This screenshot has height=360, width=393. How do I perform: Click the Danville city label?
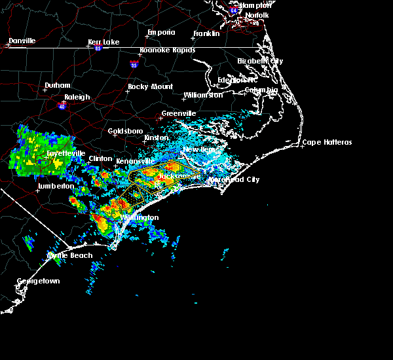coord(22,41)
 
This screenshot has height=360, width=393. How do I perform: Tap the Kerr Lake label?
coord(103,42)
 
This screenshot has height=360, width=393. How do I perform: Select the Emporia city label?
coord(160,32)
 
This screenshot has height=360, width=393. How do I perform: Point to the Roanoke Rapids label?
coord(164,56)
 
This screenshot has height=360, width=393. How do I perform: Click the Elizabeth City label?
coord(259,61)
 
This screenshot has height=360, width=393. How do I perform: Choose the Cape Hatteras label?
coord(327,143)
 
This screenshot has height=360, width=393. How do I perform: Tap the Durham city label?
coord(57,86)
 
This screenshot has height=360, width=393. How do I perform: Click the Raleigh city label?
coord(77,97)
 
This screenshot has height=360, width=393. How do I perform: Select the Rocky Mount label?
coord(150,86)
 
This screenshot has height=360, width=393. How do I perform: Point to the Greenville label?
coord(179,113)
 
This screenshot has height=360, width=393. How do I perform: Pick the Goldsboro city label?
coord(126,131)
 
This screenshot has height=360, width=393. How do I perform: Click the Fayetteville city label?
coord(65,153)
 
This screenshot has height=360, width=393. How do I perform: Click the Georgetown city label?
coord(38,281)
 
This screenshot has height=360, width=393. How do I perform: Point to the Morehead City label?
coord(234,179)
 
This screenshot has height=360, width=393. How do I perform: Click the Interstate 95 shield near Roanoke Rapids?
coord(134,65)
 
